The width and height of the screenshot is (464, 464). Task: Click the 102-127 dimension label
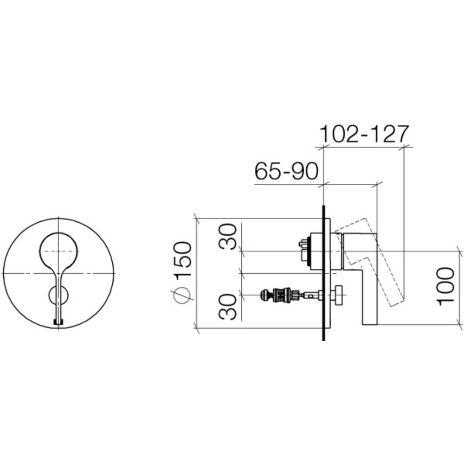(365, 135)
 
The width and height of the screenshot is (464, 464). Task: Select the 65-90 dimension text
(286, 171)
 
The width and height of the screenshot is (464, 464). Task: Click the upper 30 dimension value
(228, 236)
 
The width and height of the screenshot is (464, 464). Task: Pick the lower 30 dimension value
(228, 307)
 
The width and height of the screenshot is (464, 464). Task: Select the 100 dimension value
(445, 286)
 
